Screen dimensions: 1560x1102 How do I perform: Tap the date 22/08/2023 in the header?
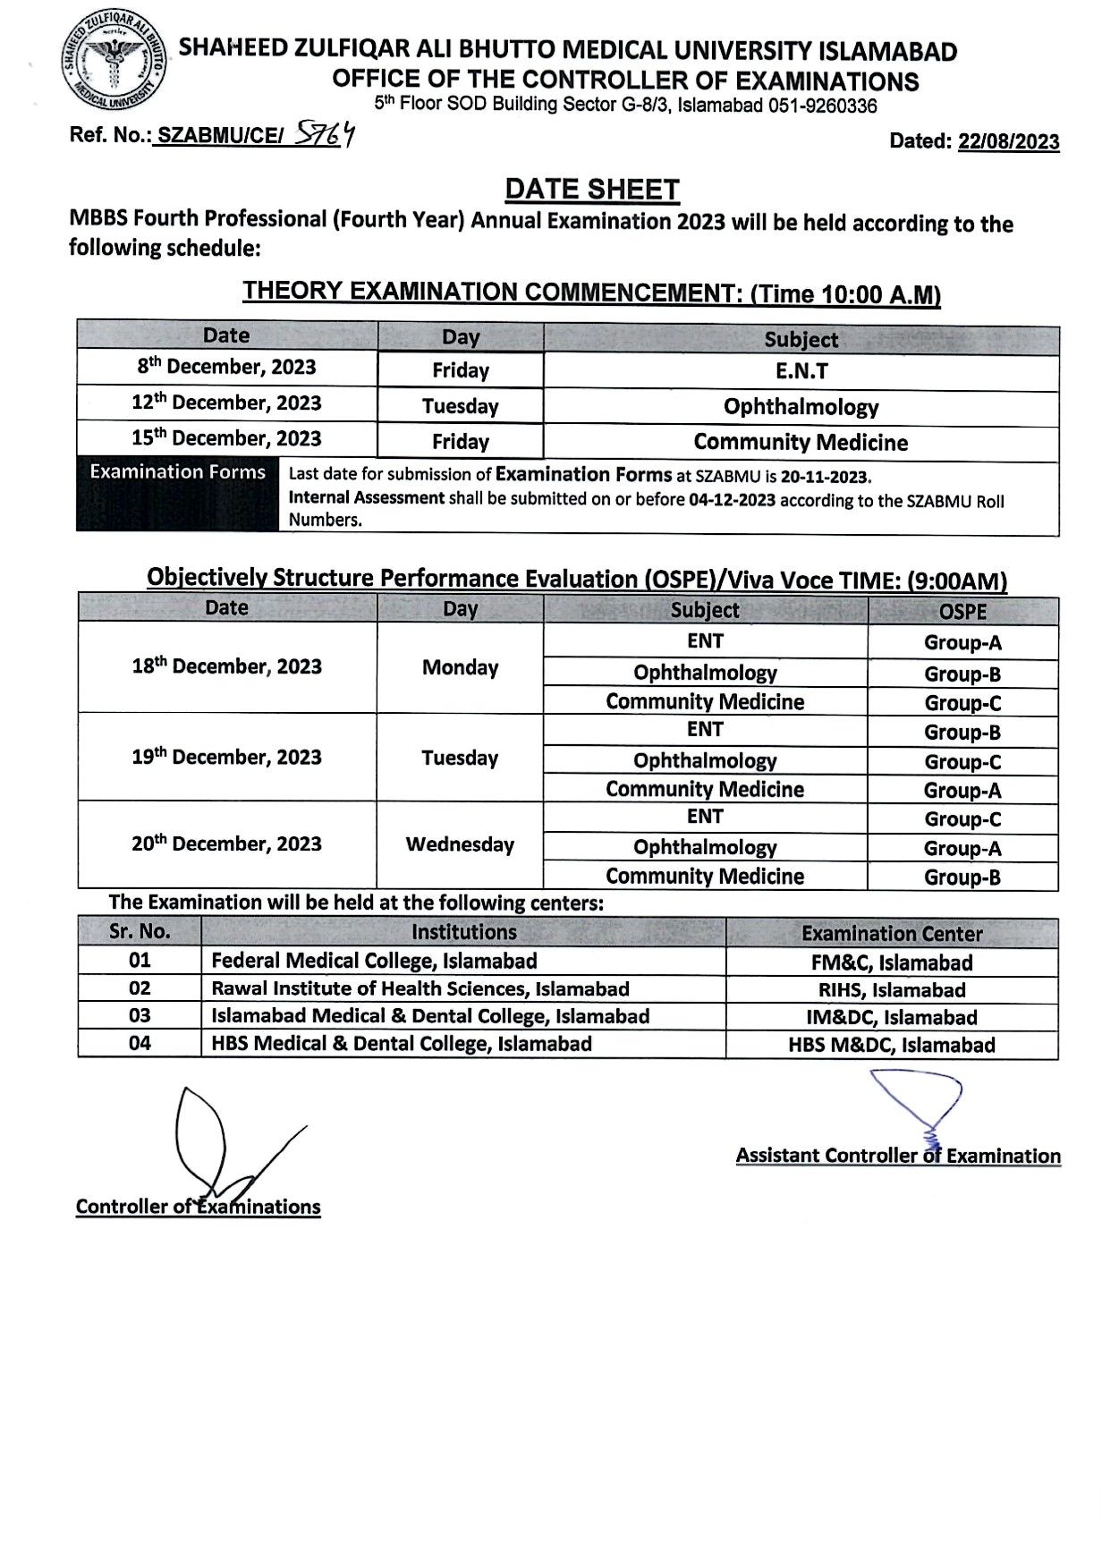point(1008,141)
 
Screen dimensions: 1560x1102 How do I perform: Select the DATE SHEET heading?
point(592,190)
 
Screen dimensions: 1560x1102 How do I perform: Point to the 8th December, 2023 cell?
point(226,367)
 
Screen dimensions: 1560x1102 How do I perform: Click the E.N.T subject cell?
point(801,371)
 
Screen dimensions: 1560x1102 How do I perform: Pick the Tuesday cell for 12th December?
point(460,406)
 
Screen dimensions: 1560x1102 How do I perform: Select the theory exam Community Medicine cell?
point(801,442)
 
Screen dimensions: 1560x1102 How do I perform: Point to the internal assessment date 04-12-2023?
point(732,500)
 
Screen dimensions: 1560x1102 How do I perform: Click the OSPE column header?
point(962,612)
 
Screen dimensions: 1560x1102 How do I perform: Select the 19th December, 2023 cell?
point(226,757)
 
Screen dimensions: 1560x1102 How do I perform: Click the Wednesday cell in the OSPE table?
point(460,844)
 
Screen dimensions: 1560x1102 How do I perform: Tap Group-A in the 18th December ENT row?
point(962,642)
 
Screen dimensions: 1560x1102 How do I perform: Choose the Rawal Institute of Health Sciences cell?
point(420,988)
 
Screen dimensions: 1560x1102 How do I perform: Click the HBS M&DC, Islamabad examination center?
point(891,1045)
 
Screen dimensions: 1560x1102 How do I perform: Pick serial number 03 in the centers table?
point(140,1016)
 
